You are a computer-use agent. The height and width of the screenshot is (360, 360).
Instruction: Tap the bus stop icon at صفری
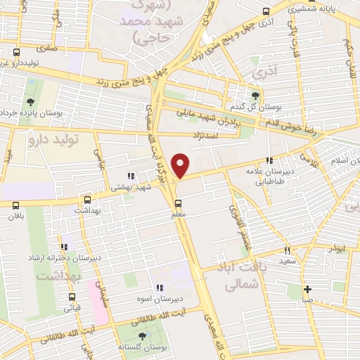pyautogui.click(x=17, y=51)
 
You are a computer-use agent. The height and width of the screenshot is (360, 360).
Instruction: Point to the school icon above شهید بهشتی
pyautogui.click(x=130, y=176)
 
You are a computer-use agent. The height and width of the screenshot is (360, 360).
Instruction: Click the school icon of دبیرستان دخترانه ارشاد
pyautogui.click(x=64, y=247)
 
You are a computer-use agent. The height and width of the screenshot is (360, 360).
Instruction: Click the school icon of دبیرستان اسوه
pyautogui.click(x=159, y=287)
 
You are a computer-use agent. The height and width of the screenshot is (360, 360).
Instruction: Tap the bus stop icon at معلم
pyautogui.click(x=177, y=204)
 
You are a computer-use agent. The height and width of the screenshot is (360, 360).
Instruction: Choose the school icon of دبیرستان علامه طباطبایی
pyautogui.click(x=268, y=161)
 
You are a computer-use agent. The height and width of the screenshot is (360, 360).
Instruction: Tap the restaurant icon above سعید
pyautogui.click(x=287, y=250)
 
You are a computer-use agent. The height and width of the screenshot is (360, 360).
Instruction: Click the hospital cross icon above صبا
pyautogui.click(x=307, y=289)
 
